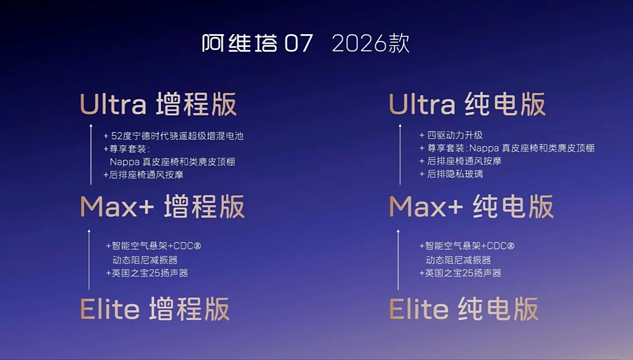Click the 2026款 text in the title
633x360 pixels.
[x=371, y=43]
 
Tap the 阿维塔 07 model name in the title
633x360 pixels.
[x=257, y=43]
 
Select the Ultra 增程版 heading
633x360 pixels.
[x=158, y=104]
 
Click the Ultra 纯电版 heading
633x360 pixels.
[x=467, y=104]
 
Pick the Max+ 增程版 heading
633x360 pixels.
[x=162, y=206]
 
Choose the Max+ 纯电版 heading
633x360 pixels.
[x=471, y=206]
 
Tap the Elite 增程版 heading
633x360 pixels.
[x=155, y=309]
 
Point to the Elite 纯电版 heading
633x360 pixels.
[x=464, y=309]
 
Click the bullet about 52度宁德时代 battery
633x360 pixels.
[x=174, y=136]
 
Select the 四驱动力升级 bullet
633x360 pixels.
[x=451, y=135]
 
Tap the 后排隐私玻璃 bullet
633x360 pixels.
[x=451, y=174]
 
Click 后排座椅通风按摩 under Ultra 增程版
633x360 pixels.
[x=144, y=175]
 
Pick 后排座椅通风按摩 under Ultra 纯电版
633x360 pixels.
[x=460, y=161]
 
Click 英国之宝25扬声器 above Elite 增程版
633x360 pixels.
[x=147, y=273]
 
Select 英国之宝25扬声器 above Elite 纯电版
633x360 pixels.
[x=460, y=273]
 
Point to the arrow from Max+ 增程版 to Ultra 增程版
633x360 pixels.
[x=91, y=154]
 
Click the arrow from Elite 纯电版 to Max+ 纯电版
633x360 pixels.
[x=398, y=260]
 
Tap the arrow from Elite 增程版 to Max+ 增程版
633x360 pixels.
[x=89, y=260]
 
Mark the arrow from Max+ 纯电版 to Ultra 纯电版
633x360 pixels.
[x=400, y=154]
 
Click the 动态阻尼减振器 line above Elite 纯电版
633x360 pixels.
[x=458, y=260]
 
